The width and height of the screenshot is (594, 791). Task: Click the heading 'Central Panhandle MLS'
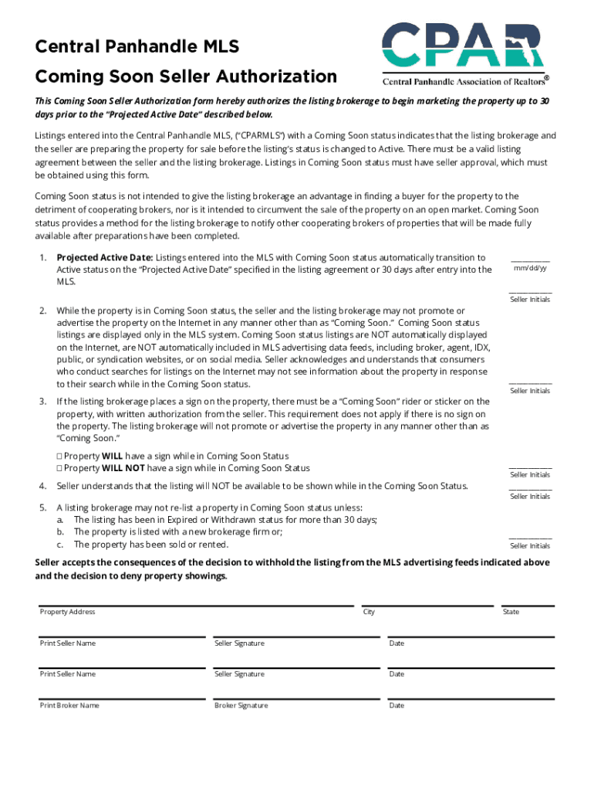point(137,47)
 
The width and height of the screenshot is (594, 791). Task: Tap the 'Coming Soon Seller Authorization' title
point(186,76)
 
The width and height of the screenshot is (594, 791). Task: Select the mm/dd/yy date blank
point(530,260)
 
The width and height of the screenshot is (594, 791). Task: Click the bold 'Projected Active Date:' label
point(105,257)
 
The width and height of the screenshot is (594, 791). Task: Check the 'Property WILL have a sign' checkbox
point(59,456)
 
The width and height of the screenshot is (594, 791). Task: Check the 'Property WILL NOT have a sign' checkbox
point(59,468)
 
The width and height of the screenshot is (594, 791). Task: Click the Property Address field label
point(67,612)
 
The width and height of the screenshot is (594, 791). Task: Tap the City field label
point(369,612)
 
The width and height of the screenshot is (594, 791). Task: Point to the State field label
point(511,612)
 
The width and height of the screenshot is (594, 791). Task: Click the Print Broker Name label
point(69,705)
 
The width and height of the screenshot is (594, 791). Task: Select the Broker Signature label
point(241,705)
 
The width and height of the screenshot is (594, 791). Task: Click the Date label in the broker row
point(397,705)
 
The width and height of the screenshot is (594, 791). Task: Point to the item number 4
point(42,486)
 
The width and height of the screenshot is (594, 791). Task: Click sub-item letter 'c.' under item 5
point(59,545)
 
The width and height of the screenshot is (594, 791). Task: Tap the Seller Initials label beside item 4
point(530,496)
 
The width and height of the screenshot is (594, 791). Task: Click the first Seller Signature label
point(239,643)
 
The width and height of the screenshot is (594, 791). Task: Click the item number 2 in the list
point(42,311)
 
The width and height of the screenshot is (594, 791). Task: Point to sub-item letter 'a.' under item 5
point(59,520)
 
